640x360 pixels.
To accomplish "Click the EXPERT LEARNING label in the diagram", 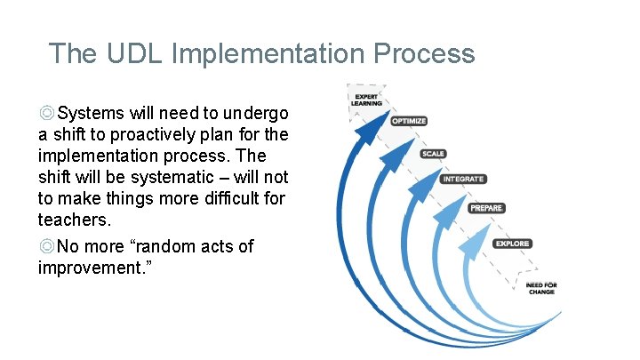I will [x=368, y=100].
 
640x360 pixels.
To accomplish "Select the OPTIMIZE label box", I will [x=409, y=121].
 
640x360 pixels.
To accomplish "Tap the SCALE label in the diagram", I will [x=434, y=154].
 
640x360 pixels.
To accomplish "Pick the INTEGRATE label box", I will [x=463, y=179].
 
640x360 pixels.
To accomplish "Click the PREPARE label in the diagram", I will [x=486, y=208].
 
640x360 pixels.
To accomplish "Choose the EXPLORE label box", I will [x=512, y=244].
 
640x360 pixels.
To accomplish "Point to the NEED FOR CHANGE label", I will [x=541, y=288].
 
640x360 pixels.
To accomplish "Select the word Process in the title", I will [x=425, y=53].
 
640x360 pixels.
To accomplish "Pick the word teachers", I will [x=73, y=220].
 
